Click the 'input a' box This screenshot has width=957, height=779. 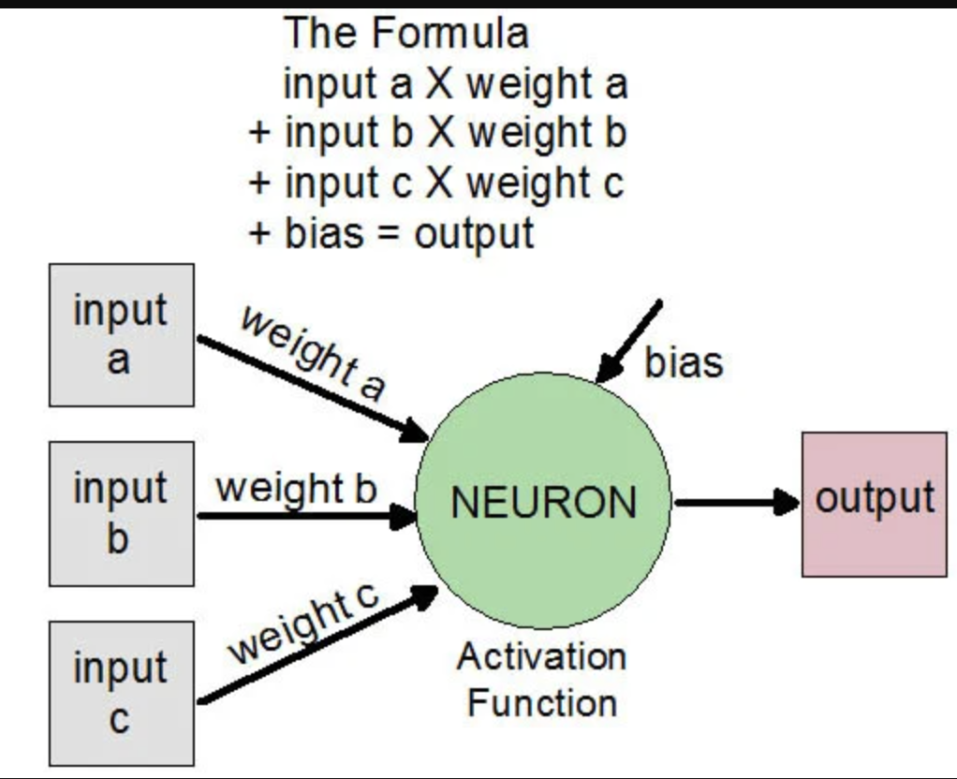(x=121, y=334)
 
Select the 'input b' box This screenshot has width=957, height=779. (x=121, y=513)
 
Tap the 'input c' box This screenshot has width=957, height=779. (x=121, y=693)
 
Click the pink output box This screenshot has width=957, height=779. (x=874, y=504)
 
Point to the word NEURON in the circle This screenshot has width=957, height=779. (x=543, y=504)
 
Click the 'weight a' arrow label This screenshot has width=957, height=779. (x=313, y=352)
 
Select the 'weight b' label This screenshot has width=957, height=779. (x=295, y=488)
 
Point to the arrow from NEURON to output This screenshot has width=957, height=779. (x=735, y=503)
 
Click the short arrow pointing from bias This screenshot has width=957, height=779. (x=629, y=341)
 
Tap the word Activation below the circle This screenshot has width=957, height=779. (x=541, y=656)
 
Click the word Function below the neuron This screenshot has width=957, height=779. (x=541, y=702)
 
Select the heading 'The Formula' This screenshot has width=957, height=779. (x=406, y=34)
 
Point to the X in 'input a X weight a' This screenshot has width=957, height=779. (x=438, y=85)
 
